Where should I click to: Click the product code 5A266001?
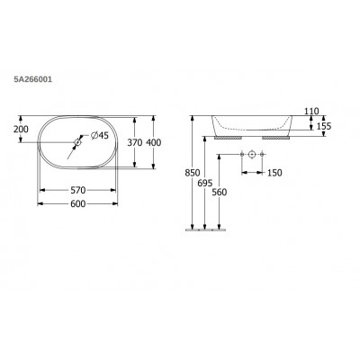tap(33, 79)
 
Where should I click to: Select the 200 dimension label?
tap(21, 130)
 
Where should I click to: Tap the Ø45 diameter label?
tap(99, 136)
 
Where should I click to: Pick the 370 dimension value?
tap(135, 143)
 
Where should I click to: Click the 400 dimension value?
tap(153, 143)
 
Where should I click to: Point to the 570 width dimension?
tap(78, 190)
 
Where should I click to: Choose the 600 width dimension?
tap(78, 204)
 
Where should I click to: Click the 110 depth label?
tap(311, 112)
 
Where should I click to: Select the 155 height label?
tap(324, 126)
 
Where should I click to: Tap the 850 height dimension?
tap(193, 173)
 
